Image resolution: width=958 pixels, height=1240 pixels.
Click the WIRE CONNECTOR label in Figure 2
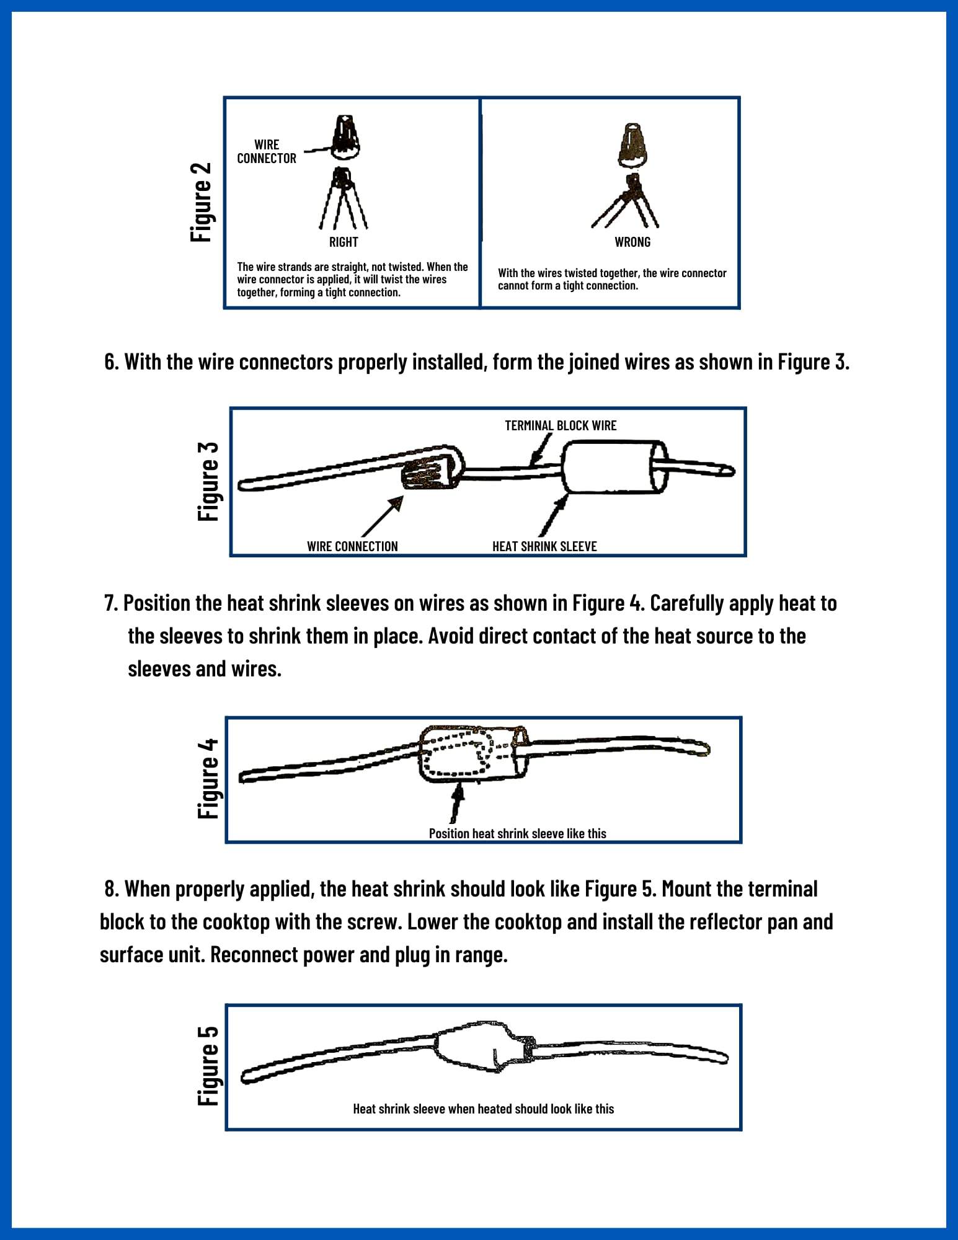[267, 151]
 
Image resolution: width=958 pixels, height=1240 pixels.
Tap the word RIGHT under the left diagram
[344, 242]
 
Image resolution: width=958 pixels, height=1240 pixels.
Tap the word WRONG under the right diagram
[632, 242]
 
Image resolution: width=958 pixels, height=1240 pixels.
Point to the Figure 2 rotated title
[202, 202]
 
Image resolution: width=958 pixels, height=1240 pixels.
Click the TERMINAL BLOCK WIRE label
[561, 425]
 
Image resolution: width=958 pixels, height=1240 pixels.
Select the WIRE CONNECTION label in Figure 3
[352, 546]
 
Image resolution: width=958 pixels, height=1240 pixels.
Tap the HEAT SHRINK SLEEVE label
[544, 546]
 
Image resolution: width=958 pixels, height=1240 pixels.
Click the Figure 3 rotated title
[208, 482]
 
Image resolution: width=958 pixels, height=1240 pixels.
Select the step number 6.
[111, 362]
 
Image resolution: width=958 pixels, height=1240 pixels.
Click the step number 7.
[111, 603]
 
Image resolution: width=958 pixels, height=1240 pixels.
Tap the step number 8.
[111, 889]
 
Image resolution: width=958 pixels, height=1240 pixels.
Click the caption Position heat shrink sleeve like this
[517, 833]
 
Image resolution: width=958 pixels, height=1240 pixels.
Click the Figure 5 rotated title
[208, 1065]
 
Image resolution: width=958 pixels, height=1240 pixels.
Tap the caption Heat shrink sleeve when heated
[483, 1109]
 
